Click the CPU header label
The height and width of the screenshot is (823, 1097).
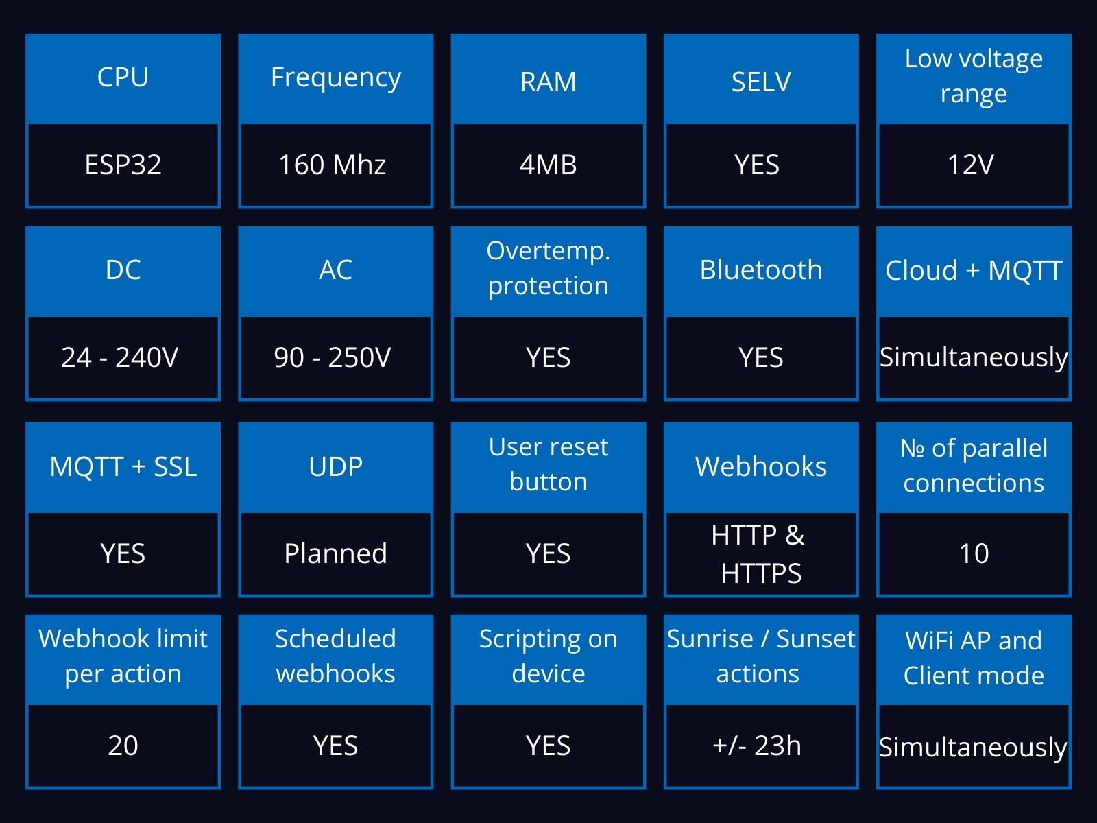click(123, 77)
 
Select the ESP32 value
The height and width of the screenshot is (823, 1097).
click(123, 165)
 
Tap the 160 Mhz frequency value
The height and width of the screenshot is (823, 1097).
click(333, 165)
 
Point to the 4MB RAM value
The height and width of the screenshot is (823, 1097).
click(548, 165)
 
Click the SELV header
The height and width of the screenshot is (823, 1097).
click(761, 82)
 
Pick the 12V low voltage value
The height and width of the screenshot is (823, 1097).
click(971, 165)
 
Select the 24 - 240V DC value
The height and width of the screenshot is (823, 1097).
click(119, 357)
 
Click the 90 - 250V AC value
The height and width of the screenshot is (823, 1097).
click(333, 357)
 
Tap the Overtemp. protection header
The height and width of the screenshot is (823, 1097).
click(548, 268)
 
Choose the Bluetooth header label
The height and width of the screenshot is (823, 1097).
click(761, 270)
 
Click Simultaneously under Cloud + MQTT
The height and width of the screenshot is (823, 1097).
click(974, 358)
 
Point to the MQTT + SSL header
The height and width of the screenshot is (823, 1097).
click(123, 467)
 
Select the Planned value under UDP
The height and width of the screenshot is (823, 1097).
click(335, 553)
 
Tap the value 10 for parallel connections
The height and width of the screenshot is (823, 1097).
click(974, 553)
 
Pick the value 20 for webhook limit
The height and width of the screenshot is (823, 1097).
click(123, 746)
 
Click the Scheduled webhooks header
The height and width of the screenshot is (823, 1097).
click(335, 656)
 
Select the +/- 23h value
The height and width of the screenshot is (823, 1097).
click(757, 746)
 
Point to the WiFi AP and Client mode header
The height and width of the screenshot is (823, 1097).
click(974, 658)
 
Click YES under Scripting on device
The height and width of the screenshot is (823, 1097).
click(548, 746)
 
